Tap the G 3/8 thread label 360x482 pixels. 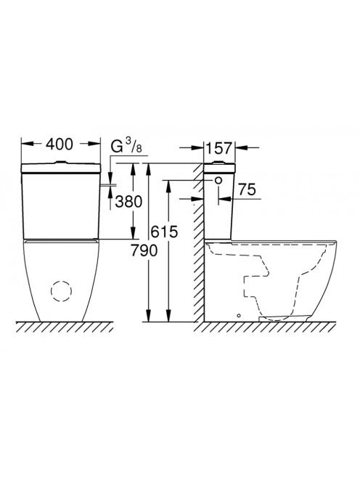pyautogui.click(x=126, y=146)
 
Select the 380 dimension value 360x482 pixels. pyautogui.click(x=128, y=201)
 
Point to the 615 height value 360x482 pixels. pyautogui.click(x=165, y=232)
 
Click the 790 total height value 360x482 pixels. pyautogui.click(x=144, y=250)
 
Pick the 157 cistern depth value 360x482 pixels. pyautogui.click(x=218, y=148)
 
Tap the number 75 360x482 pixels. pyautogui.click(x=247, y=189)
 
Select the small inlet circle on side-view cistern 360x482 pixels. pyautogui.click(x=218, y=181)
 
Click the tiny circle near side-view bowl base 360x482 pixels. pyautogui.click(x=239, y=315)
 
